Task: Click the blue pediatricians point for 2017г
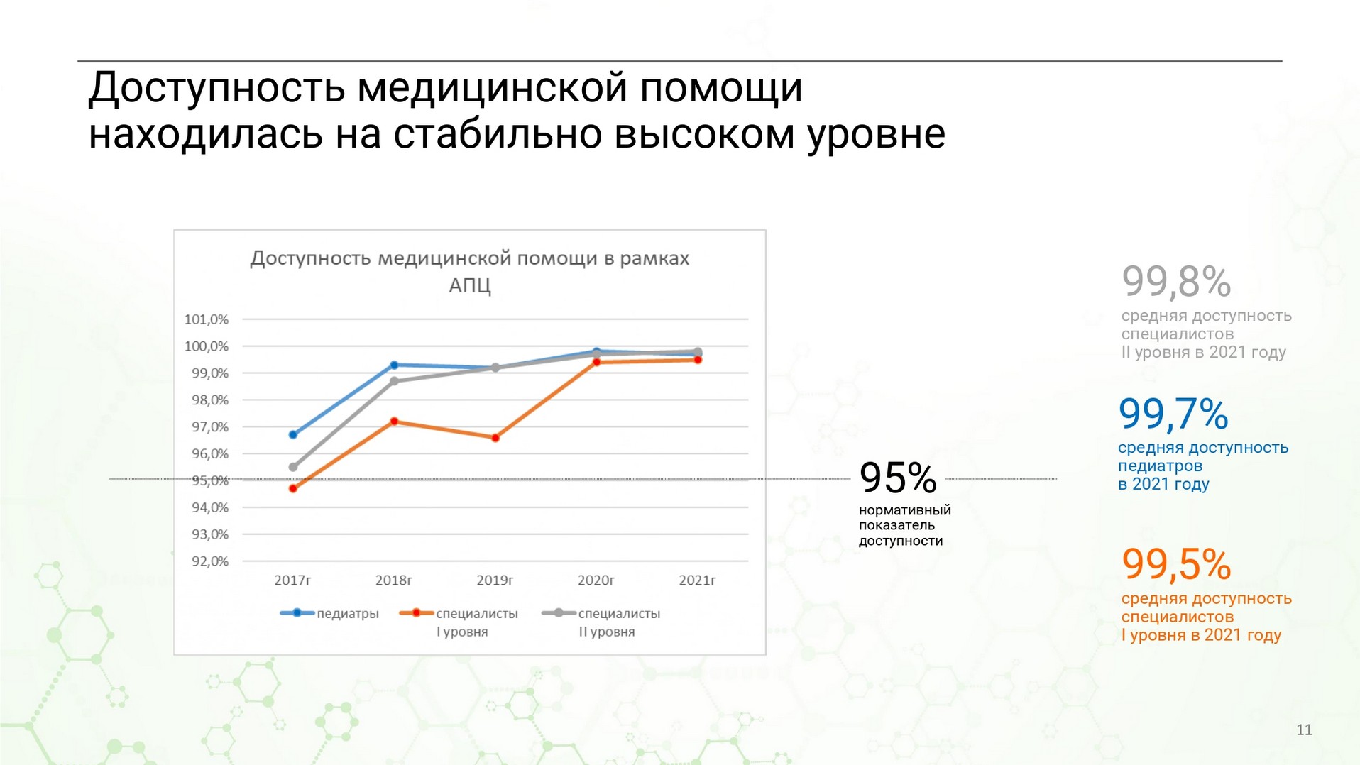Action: click(x=293, y=434)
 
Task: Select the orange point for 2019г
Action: click(x=495, y=438)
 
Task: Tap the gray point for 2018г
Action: click(x=394, y=381)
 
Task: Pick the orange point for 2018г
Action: click(x=394, y=422)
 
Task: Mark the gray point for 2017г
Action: click(x=293, y=467)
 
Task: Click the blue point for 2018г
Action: click(x=394, y=365)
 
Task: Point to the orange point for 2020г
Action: click(x=596, y=362)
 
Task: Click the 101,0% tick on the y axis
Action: click(x=207, y=319)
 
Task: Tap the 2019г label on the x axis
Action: click(x=495, y=580)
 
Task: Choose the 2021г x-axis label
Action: click(x=697, y=580)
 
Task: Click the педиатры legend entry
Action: click(x=329, y=614)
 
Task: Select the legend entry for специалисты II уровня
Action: click(x=601, y=622)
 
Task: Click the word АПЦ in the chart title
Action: click(x=470, y=285)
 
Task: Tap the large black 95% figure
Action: click(x=898, y=478)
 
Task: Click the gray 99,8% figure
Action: click(x=1176, y=282)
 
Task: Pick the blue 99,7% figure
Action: click(x=1173, y=414)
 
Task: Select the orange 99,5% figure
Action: click(x=1176, y=564)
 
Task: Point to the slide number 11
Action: click(x=1305, y=730)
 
